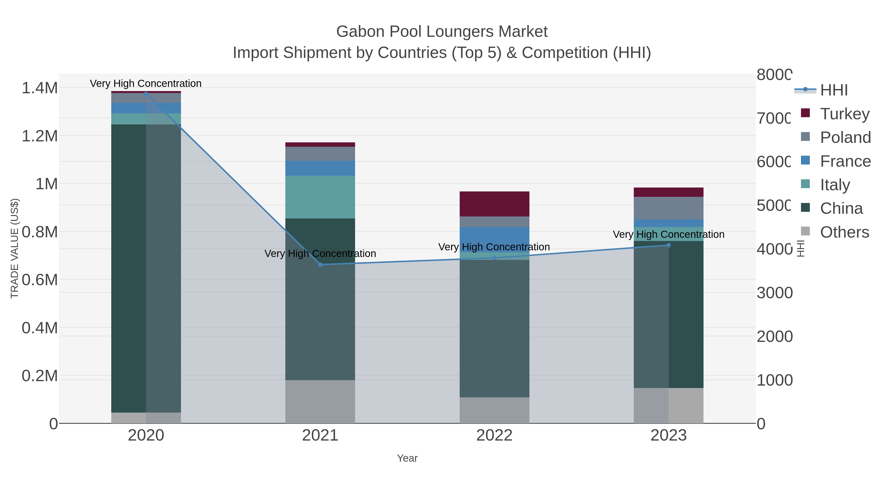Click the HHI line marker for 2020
point(146,94)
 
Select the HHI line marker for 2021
point(320,264)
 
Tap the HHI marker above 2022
point(494,258)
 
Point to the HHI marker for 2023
point(668,245)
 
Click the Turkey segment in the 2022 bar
point(494,204)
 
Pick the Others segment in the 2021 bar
point(320,401)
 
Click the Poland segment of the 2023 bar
point(668,208)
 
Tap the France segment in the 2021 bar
point(320,168)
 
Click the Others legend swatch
point(805,231)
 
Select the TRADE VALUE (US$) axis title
point(14,248)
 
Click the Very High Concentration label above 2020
point(146,83)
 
